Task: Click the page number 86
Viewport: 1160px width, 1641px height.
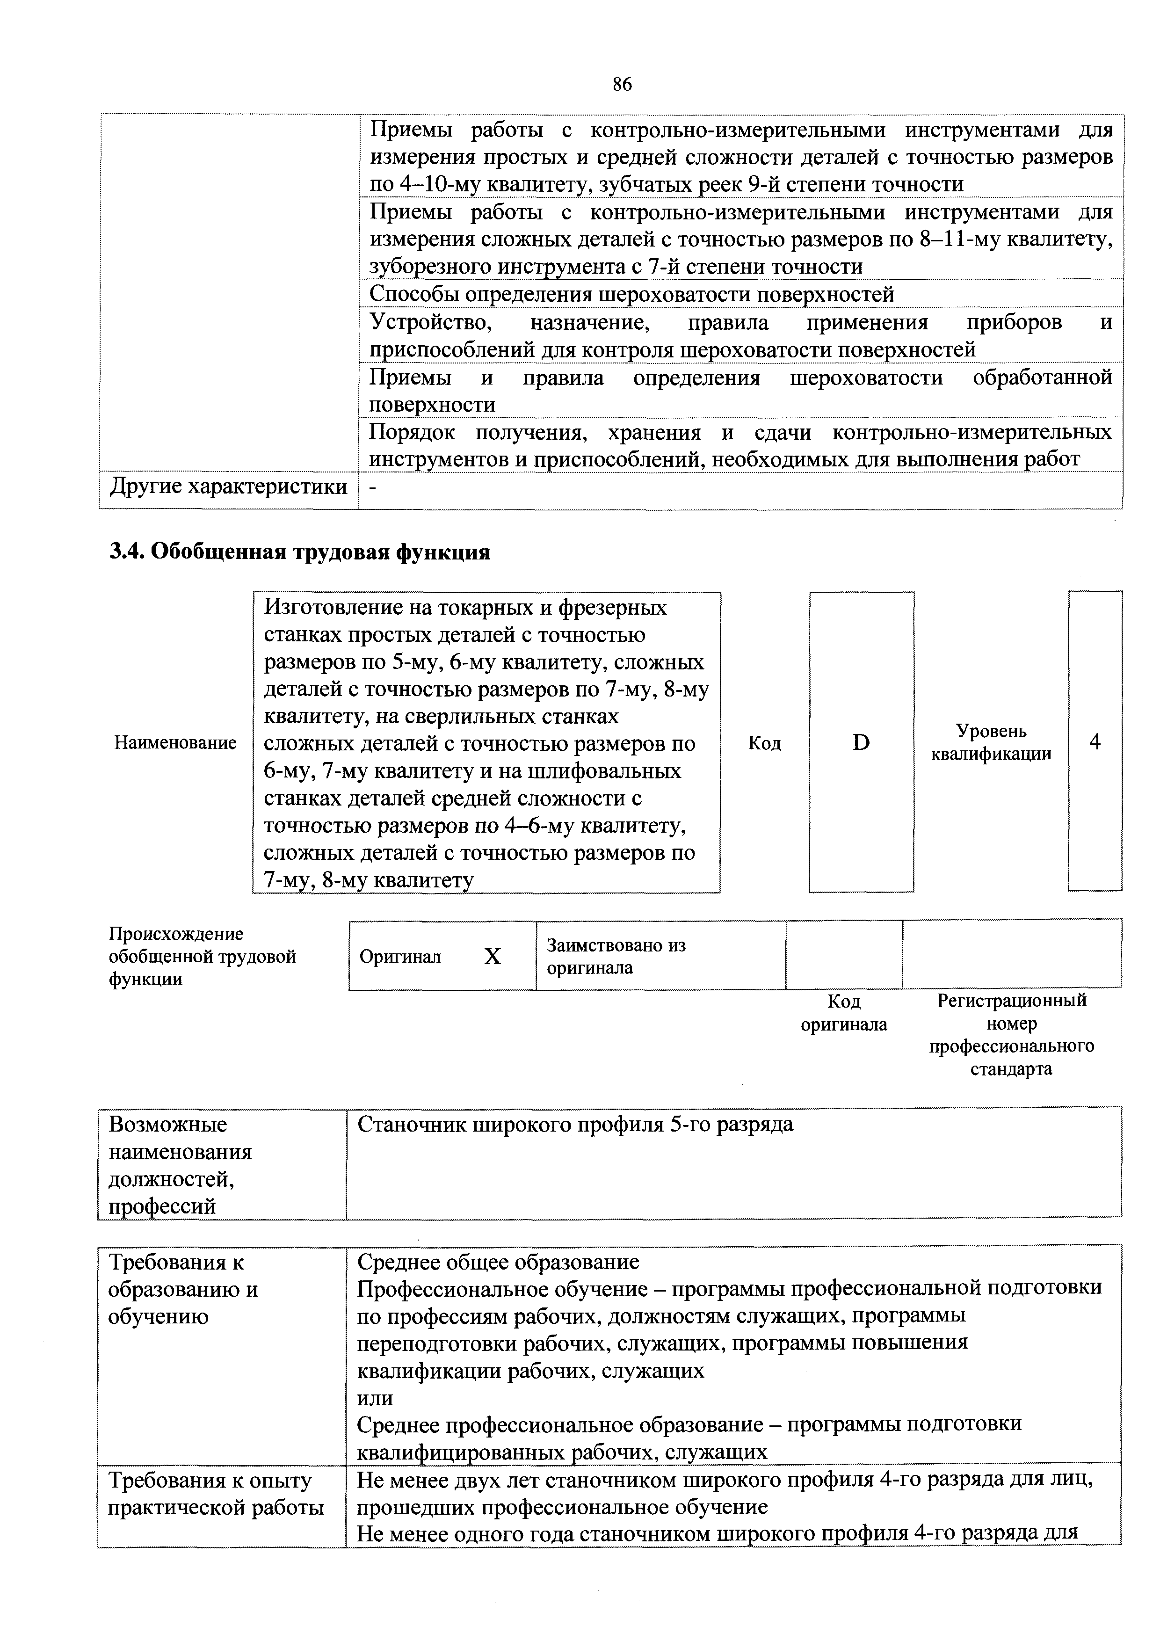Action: (622, 84)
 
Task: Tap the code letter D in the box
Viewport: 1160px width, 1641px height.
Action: (861, 742)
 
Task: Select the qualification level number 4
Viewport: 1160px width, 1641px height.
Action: (1094, 742)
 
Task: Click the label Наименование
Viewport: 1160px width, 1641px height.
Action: (175, 742)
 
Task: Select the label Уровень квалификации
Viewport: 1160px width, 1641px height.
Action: (991, 742)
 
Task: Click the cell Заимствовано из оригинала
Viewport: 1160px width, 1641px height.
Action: (616, 956)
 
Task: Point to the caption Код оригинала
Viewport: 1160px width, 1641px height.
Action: (843, 1013)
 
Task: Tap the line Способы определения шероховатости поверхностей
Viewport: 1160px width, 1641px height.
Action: (631, 294)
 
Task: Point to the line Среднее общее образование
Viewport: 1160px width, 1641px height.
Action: (498, 1262)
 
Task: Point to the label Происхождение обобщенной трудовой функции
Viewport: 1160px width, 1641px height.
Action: (202, 956)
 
